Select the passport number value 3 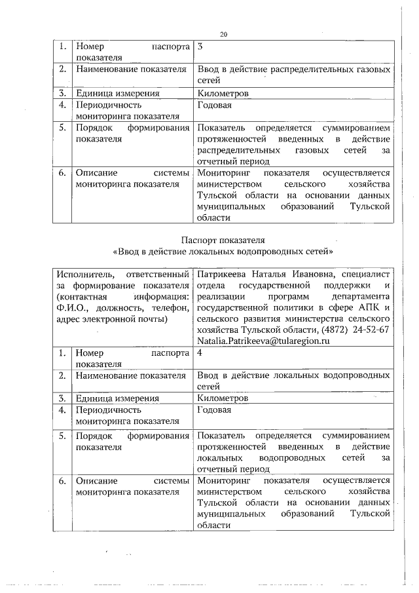coord(200,47)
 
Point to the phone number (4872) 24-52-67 coord(357,330)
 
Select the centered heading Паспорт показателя coord(223,240)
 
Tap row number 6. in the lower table coord(62,481)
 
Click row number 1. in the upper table coord(62,47)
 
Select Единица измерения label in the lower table coord(117,398)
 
